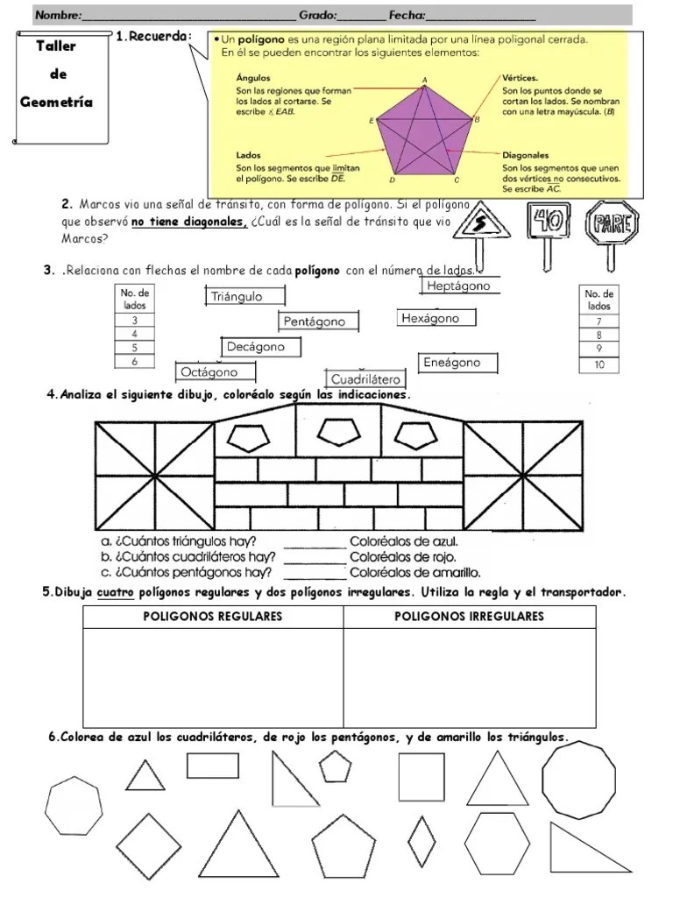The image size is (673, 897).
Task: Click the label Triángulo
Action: click(x=237, y=297)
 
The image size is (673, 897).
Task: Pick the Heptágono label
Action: click(x=457, y=286)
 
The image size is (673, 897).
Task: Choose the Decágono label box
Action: click(x=256, y=347)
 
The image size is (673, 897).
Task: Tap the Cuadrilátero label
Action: click(x=365, y=379)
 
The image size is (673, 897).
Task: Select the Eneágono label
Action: click(x=452, y=363)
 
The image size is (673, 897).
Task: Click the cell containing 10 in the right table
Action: click(x=599, y=364)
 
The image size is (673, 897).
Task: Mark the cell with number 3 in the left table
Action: click(x=134, y=321)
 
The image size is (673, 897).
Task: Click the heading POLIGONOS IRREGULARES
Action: click(x=469, y=617)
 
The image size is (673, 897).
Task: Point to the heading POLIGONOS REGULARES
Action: click(x=213, y=617)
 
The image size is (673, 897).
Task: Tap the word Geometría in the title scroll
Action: click(x=56, y=102)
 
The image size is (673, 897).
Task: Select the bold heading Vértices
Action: click(x=521, y=77)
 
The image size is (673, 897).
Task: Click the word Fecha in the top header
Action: click(x=407, y=15)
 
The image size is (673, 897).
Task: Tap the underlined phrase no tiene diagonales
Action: click(x=190, y=222)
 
